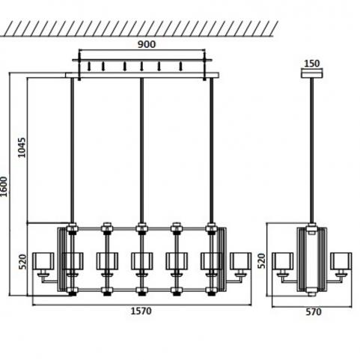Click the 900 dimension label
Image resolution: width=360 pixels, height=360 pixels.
coord(147,44)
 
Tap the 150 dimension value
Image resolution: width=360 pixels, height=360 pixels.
coord(312,64)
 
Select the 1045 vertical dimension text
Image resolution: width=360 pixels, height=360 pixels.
coord(22,147)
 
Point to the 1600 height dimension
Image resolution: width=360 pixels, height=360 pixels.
coord(4,186)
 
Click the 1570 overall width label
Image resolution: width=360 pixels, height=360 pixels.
coord(141,311)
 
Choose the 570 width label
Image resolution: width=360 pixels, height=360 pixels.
coord(314,312)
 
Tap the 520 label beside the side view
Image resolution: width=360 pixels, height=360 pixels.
coord(261,260)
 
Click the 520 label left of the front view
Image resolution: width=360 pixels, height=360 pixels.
coord(22,261)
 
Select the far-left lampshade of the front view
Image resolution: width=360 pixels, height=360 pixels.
coord(43,261)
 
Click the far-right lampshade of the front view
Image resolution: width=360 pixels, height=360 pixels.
coord(240,261)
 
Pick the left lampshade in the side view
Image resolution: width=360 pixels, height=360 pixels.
coord(283,261)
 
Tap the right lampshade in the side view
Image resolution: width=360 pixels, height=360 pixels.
coord(341,261)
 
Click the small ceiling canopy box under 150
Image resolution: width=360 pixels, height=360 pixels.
coord(312,74)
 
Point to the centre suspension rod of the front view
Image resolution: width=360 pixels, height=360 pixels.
coord(141,150)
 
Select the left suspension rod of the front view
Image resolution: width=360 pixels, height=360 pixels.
coord(73,150)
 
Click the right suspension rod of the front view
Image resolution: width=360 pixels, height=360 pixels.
coord(211,150)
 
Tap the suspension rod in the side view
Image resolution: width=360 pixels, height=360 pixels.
coord(312,150)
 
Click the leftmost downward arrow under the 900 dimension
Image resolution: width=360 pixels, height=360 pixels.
coord(89,67)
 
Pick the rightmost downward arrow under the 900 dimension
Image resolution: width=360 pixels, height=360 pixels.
coord(181,67)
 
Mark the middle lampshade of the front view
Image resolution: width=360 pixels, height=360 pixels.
coord(141,261)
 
